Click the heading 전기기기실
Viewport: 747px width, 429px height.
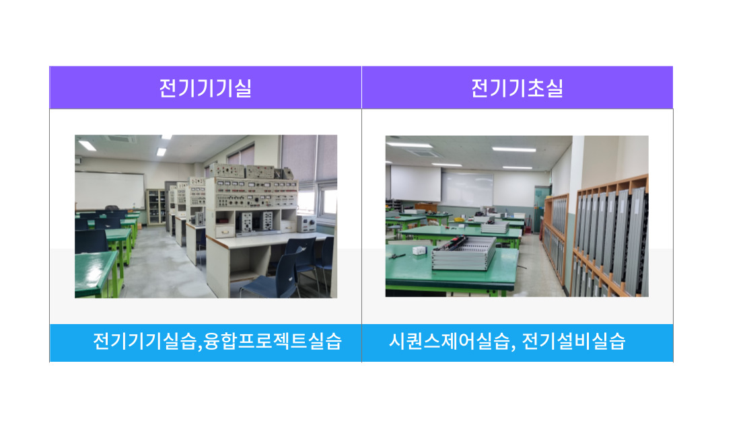205,88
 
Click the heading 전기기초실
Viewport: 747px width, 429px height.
517,88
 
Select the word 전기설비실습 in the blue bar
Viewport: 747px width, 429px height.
573,342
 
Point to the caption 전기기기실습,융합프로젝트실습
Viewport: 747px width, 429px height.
217,342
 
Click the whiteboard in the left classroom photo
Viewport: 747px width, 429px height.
110,190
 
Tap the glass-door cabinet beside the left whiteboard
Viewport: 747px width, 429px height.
155,206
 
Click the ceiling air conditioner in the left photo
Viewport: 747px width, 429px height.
120,139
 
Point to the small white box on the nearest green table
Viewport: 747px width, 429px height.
419,250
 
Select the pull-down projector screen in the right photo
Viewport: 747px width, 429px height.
415,183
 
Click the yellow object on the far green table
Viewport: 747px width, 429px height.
459,220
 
